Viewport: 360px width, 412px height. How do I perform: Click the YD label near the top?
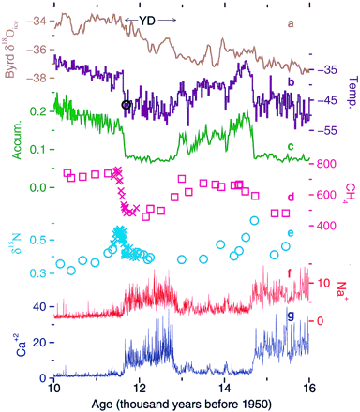(147, 21)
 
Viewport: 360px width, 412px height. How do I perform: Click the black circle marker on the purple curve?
(127, 105)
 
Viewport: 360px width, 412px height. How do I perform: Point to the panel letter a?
(291, 23)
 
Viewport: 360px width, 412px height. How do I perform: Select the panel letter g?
(291, 316)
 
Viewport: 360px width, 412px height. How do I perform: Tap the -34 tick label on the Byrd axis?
(37, 22)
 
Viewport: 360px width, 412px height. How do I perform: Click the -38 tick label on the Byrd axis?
(37, 78)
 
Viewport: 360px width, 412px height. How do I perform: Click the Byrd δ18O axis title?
(12, 50)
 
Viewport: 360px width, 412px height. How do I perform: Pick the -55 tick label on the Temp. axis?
(327, 131)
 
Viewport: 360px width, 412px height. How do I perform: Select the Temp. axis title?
(352, 91)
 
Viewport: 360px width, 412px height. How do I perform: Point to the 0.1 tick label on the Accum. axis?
(37, 150)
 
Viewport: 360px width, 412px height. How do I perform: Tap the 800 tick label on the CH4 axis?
(326, 164)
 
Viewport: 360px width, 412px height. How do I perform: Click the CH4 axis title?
(352, 192)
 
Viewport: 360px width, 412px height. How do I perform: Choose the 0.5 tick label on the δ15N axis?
(38, 241)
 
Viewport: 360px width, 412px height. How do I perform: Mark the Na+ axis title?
(343, 290)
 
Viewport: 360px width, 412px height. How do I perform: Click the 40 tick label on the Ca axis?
(39, 307)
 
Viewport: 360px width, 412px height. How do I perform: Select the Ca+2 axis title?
(21, 346)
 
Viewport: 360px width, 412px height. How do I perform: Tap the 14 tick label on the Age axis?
(224, 389)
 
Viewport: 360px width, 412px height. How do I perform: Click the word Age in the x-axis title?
(102, 404)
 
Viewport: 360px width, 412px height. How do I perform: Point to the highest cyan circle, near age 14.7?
(254, 221)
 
